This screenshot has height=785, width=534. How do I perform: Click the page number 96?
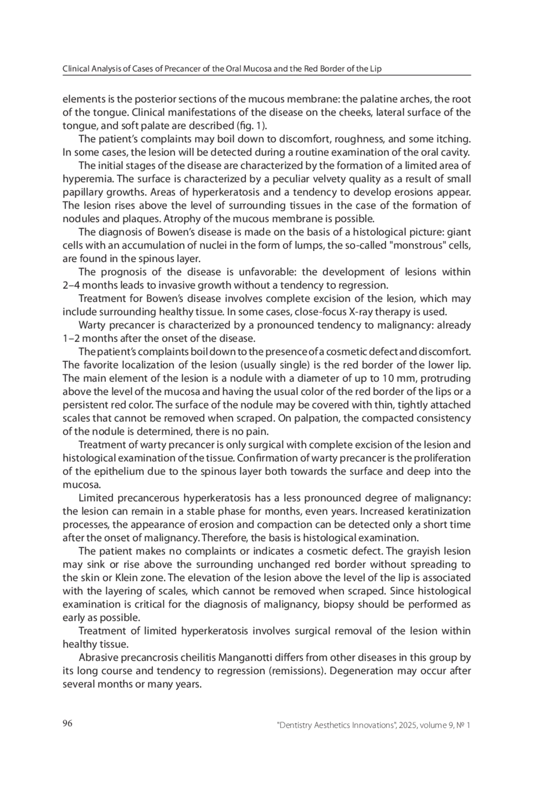(67, 723)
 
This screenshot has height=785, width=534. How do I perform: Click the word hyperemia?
(83, 179)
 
